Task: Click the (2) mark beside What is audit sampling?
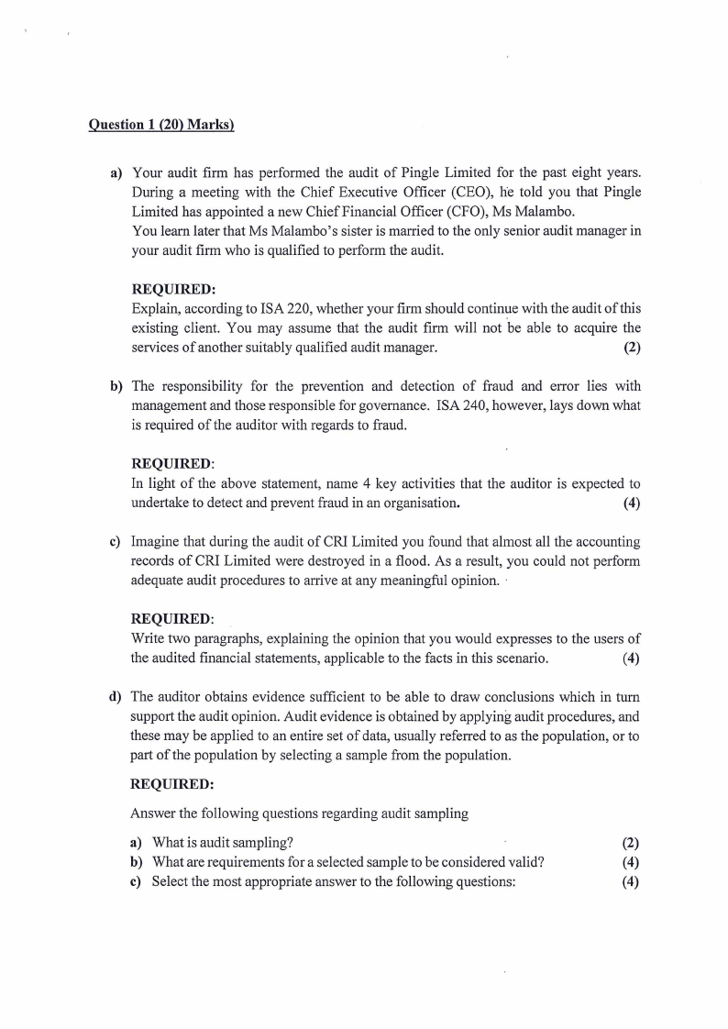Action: pos(630,843)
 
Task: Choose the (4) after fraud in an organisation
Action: pos(631,503)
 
